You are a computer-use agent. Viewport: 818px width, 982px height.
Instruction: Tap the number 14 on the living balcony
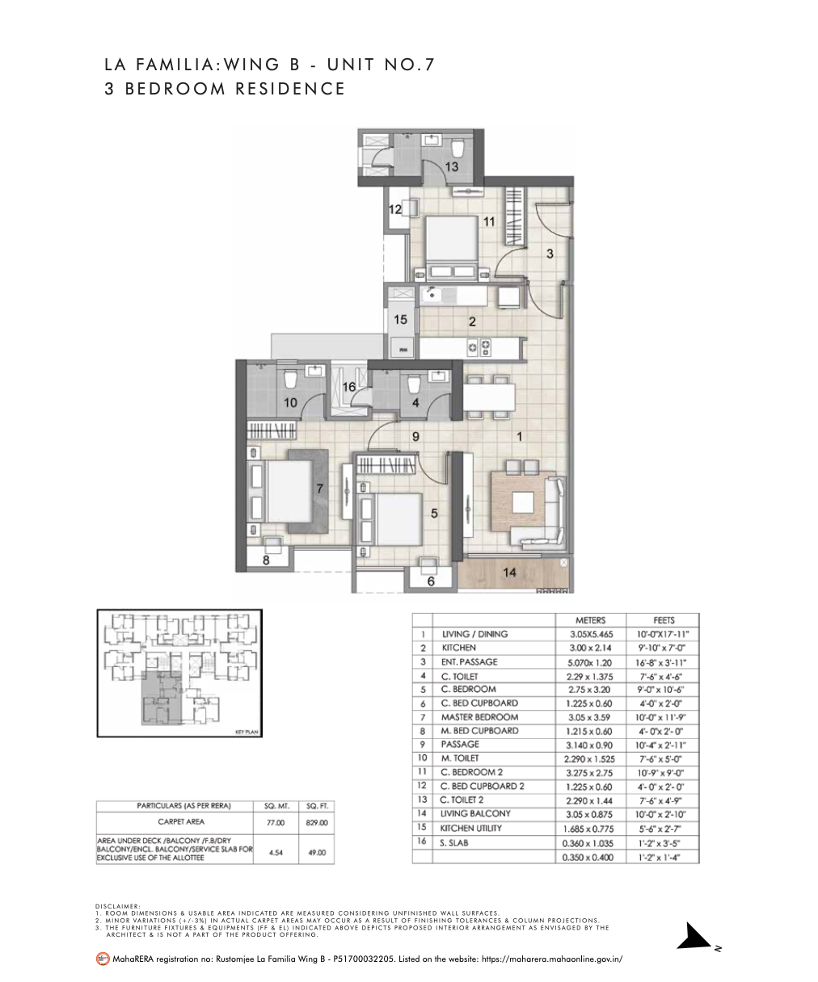(x=510, y=572)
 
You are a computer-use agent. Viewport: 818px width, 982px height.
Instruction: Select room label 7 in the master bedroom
(x=320, y=488)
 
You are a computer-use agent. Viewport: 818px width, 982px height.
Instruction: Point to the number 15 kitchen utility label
(x=400, y=320)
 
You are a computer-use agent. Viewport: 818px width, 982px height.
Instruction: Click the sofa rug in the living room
(x=517, y=502)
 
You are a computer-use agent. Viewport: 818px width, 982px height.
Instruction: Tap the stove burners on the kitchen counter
(x=479, y=347)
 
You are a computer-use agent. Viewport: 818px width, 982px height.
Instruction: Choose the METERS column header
(x=590, y=620)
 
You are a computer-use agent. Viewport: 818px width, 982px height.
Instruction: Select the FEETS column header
(x=663, y=620)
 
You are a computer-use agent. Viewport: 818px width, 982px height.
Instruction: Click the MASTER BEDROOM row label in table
(x=479, y=716)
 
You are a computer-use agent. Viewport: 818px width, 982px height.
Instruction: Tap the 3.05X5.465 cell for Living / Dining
(x=590, y=634)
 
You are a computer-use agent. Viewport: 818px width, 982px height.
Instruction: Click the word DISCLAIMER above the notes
(x=117, y=906)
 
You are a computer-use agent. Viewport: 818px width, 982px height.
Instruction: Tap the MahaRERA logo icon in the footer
(x=102, y=959)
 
